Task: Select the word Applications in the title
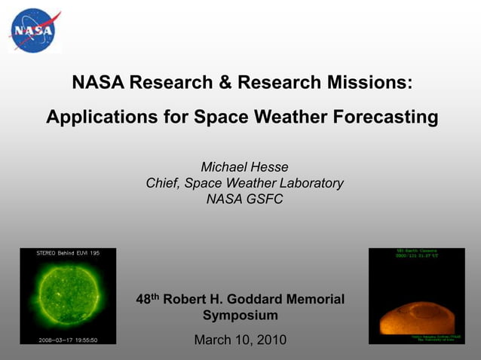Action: [x=96, y=118]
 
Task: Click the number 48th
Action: [x=148, y=299]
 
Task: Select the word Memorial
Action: [x=316, y=299]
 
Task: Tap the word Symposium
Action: [x=240, y=316]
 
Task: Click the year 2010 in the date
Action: [x=270, y=340]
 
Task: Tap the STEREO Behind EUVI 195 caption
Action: [x=68, y=253]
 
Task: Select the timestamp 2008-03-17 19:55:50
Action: [x=68, y=340]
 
